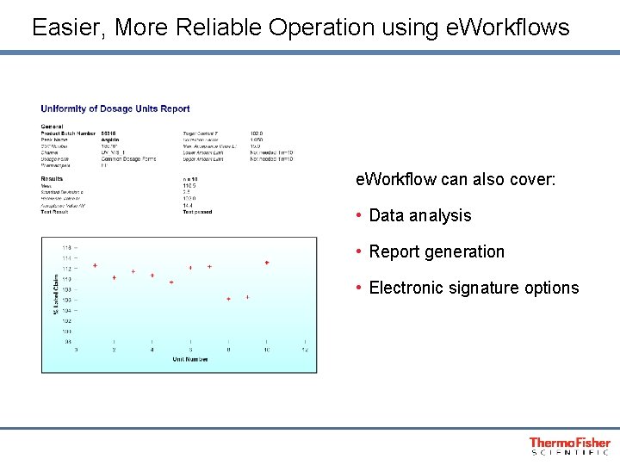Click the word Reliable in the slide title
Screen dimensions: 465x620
click(219, 28)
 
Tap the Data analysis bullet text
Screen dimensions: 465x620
click(419, 215)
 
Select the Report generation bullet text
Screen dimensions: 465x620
click(437, 251)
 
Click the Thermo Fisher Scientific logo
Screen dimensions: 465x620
click(569, 445)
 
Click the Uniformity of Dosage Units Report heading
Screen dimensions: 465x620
click(115, 108)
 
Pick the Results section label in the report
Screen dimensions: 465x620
click(53, 179)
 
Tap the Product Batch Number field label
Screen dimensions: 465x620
click(68, 133)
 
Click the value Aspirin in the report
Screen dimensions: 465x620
click(110, 139)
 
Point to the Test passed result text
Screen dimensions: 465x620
click(197, 212)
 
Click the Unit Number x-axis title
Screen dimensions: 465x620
click(189, 358)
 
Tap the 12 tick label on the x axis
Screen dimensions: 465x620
click(305, 350)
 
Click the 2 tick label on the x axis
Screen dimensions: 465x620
click(114, 350)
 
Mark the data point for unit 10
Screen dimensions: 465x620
click(267, 263)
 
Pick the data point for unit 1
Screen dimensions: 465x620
click(95, 265)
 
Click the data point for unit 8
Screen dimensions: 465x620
click(228, 299)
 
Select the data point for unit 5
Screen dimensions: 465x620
click(171, 282)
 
